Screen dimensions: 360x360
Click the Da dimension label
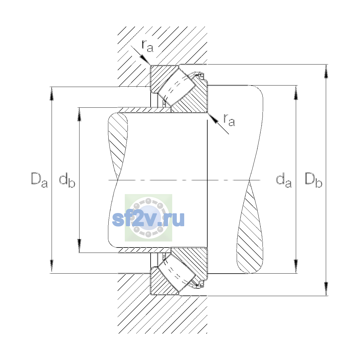point(39,180)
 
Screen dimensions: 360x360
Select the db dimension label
point(67,180)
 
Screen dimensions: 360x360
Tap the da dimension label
point(283,180)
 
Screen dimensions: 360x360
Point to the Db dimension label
point(313,180)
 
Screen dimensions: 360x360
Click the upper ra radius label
point(148,46)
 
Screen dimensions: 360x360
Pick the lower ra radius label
point(229,120)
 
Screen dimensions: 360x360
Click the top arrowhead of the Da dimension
point(52,94)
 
